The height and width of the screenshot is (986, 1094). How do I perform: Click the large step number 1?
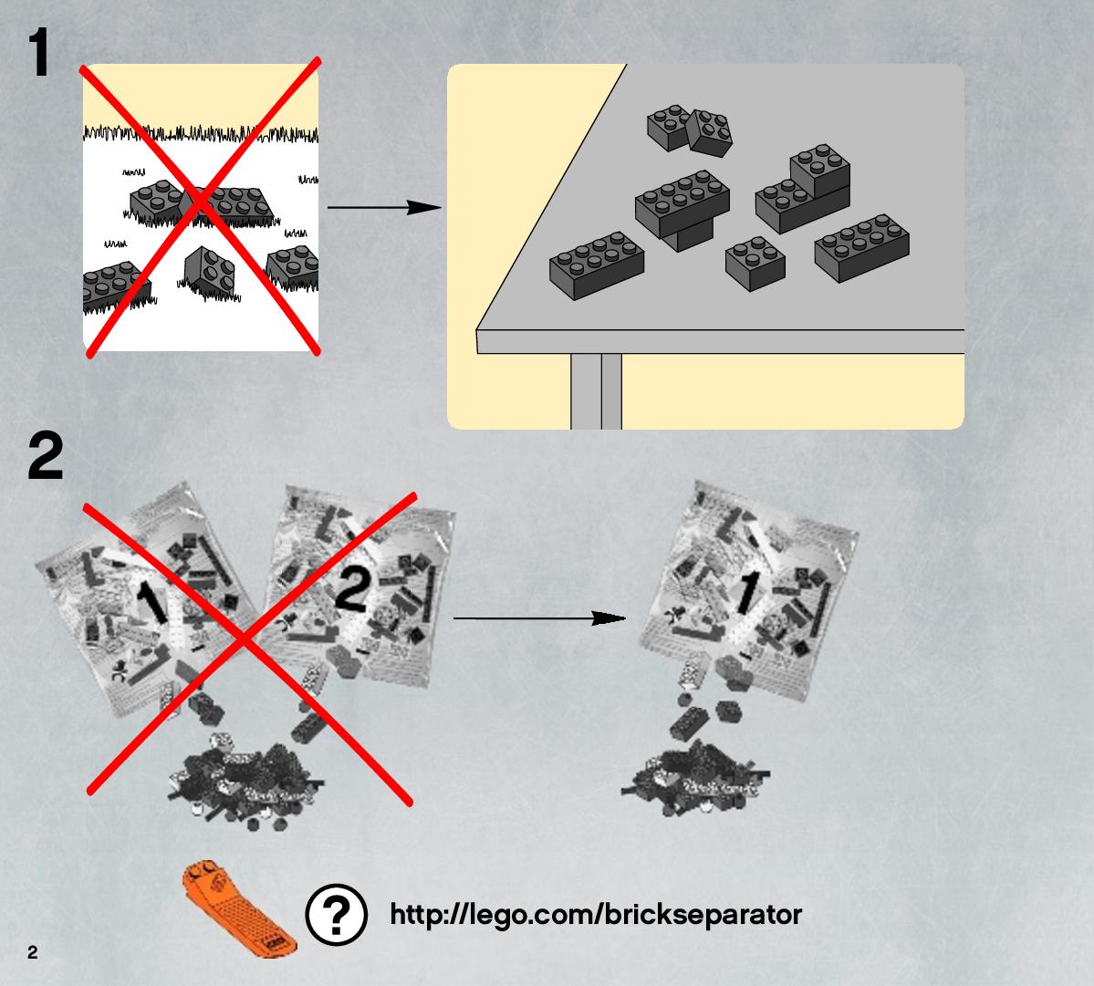tap(39, 52)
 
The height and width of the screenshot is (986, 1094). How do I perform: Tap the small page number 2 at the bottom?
tap(33, 952)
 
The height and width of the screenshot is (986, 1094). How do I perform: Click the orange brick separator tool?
tap(239, 908)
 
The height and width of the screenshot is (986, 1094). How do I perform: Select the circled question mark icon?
tap(337, 914)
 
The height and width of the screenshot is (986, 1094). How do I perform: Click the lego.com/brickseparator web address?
tap(596, 915)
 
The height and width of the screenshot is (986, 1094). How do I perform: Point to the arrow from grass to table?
tap(384, 207)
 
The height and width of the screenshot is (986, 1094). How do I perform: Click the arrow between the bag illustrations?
tap(539, 618)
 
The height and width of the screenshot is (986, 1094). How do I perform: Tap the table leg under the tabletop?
tap(596, 391)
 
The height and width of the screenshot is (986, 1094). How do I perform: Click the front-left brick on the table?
tap(597, 265)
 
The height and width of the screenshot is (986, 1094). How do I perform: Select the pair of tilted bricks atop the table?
tap(689, 130)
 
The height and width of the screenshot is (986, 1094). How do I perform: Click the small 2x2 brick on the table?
tap(755, 263)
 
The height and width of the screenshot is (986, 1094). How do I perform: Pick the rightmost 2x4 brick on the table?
tap(861, 247)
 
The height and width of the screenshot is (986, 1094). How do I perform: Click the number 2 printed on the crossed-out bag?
tap(351, 590)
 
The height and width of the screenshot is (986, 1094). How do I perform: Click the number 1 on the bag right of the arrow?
tap(745, 592)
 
